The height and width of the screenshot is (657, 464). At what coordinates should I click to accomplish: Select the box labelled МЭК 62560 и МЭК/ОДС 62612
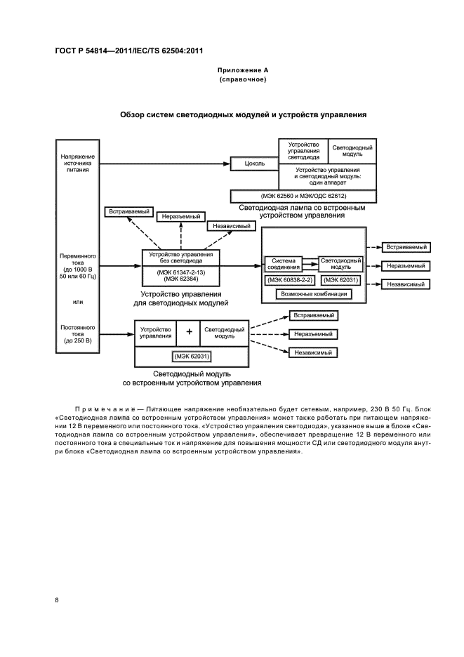pyautogui.click(x=303, y=197)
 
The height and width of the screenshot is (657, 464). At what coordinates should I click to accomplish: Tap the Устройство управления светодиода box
pyautogui.click(x=304, y=150)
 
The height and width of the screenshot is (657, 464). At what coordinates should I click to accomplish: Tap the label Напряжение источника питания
pyautogui.click(x=77, y=163)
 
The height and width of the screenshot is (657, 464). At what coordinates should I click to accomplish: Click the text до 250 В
pyautogui.click(x=77, y=340)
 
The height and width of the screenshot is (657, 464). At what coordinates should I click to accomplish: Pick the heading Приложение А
pyautogui.click(x=242, y=71)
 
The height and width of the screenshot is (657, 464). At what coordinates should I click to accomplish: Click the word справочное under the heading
pyautogui.click(x=242, y=80)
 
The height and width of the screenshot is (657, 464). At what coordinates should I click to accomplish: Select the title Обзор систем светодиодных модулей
pyautogui.click(x=243, y=114)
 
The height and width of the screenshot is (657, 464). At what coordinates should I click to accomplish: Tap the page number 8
pyautogui.click(x=57, y=599)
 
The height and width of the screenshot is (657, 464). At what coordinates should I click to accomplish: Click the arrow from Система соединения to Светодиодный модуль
pyautogui.click(x=310, y=266)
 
